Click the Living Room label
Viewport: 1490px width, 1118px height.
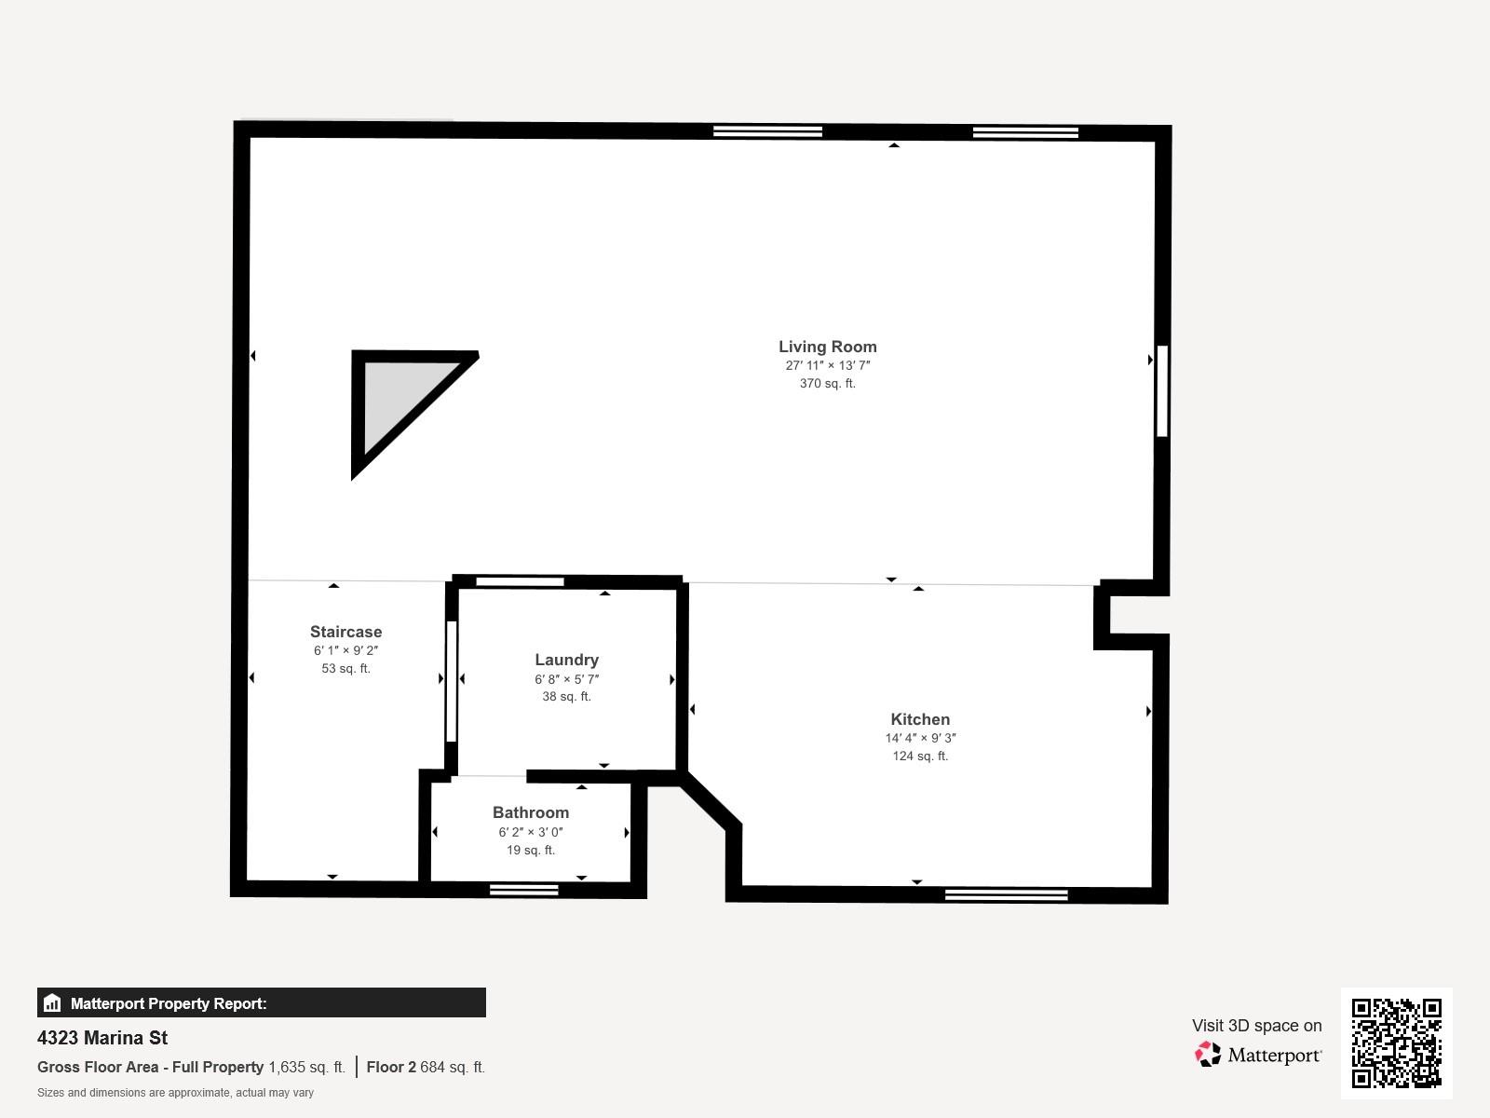[828, 347]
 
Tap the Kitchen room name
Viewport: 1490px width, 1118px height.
[920, 719]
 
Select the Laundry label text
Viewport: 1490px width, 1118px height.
[567, 660]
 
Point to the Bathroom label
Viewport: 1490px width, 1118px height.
[531, 812]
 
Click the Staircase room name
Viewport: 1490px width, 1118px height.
[346, 632]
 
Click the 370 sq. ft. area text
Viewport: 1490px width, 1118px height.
[828, 384]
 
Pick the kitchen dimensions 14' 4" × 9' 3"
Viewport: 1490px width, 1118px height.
[920, 738]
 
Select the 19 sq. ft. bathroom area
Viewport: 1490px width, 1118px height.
[531, 850]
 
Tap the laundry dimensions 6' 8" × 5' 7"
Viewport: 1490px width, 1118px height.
[567, 679]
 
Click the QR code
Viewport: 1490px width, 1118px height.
[1396, 1043]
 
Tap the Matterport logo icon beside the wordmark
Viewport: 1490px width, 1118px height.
[1208, 1055]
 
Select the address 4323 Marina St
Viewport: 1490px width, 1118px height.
[102, 1038]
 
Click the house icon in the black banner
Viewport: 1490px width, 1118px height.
[52, 1002]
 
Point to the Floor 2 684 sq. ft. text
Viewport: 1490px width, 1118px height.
[426, 1067]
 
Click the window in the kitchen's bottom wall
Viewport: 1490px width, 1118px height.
[1006, 894]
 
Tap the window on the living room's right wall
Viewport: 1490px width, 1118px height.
[1162, 391]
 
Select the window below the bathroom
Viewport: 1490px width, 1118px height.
[524, 890]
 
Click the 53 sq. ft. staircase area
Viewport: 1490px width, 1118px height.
[346, 669]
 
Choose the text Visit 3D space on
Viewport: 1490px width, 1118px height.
[1256, 1026]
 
